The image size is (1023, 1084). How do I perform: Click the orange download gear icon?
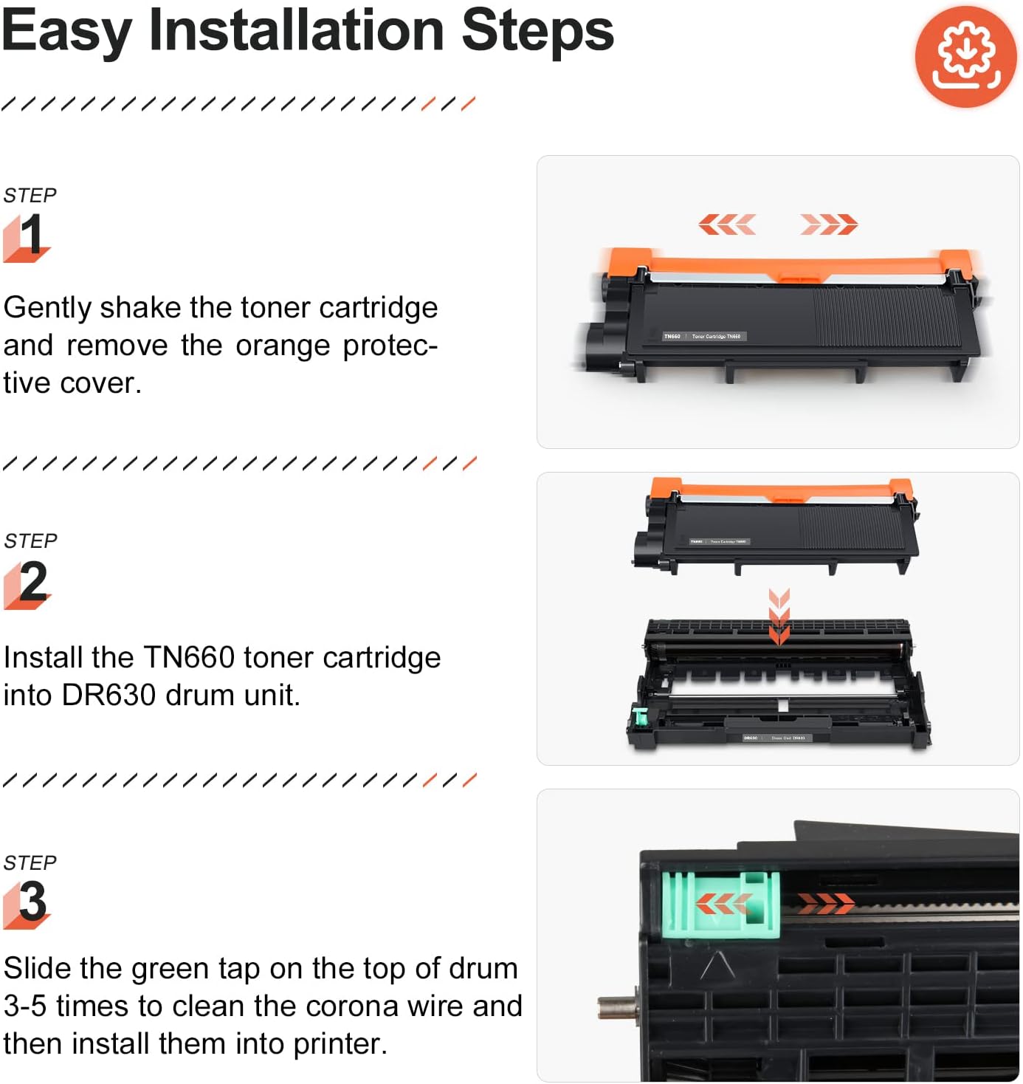[965, 57]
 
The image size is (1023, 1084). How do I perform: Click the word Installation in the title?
[296, 31]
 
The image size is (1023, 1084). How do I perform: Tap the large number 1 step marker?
[30, 236]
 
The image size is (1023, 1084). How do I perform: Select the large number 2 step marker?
[32, 583]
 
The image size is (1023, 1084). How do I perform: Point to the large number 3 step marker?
[32, 902]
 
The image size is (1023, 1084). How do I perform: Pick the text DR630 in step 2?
[109, 695]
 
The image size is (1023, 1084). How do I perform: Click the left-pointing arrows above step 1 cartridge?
[727, 224]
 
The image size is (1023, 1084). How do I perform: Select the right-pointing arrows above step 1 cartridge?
[828, 224]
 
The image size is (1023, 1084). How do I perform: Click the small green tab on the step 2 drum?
[639, 716]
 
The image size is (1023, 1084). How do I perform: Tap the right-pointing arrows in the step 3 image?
[825, 902]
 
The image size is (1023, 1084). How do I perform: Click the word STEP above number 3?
[30, 862]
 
